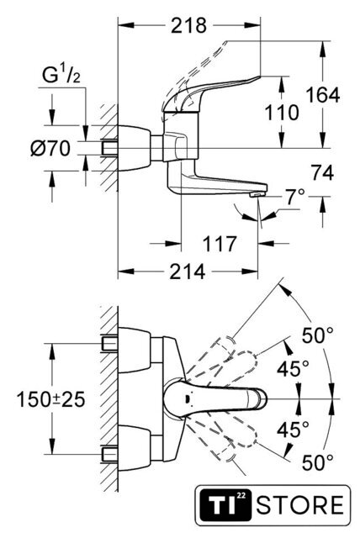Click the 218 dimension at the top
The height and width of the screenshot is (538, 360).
coord(188,26)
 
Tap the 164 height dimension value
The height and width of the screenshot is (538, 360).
coord(323,95)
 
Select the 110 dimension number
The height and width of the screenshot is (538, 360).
coord(282,113)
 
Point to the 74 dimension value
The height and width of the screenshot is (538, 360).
coord(323,172)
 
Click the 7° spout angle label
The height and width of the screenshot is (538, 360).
coord(295,197)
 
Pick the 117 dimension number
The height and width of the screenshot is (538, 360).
coord(220,244)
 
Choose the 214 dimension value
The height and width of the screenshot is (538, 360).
coord(188,272)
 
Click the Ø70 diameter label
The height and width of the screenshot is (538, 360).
coord(50,149)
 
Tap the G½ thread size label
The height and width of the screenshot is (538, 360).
coord(61,75)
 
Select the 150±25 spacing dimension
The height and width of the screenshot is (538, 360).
coord(50,400)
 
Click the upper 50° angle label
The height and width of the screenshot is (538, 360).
coord(317,335)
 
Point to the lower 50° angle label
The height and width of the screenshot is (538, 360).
coord(317,462)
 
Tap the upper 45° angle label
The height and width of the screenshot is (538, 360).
coord(293,369)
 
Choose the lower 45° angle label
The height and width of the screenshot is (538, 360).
coord(293,429)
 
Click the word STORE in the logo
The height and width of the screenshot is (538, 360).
coord(300,504)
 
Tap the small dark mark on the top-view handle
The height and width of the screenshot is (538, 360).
coord(187,399)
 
